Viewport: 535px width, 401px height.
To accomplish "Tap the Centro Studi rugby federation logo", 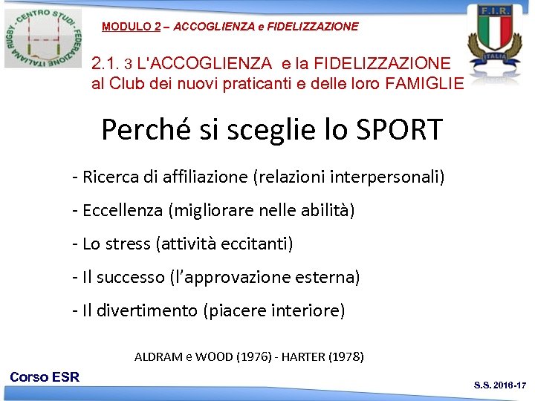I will pyautogui.click(x=43, y=37).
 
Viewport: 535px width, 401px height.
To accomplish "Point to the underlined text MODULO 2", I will pyautogui.click(x=131, y=27).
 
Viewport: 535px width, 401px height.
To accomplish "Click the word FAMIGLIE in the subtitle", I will pyautogui.click(x=425, y=83).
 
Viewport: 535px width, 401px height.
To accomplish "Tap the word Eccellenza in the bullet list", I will pyautogui.click(x=123, y=211).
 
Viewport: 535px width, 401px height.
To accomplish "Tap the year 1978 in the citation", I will pyautogui.click(x=346, y=356).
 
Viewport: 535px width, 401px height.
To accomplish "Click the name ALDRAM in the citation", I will pyautogui.click(x=158, y=356).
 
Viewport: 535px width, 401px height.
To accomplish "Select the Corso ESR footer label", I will pyautogui.click(x=45, y=377).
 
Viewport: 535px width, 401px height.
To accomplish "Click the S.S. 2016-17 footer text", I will pyautogui.click(x=500, y=385).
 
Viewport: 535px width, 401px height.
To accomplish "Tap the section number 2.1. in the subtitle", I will pyautogui.click(x=104, y=64).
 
